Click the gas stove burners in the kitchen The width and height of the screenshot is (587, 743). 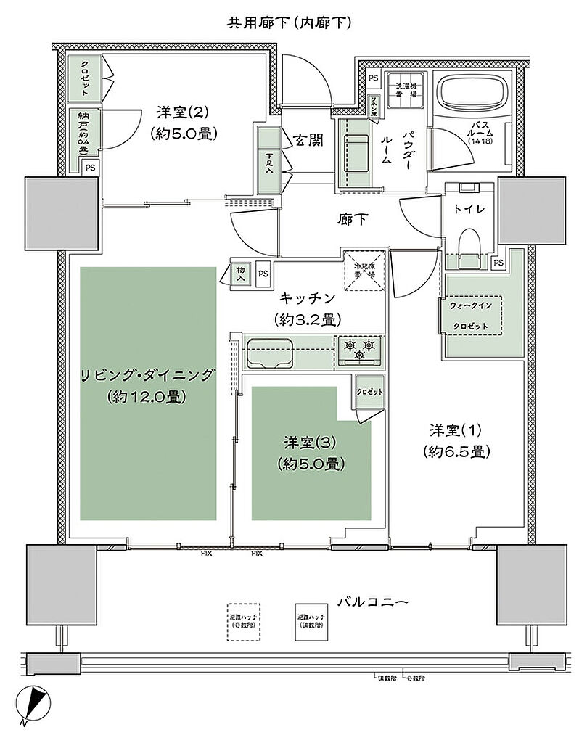tap(359, 348)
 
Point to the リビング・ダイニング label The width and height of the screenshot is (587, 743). tap(149, 376)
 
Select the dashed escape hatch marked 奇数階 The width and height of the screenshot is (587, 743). tap(242, 621)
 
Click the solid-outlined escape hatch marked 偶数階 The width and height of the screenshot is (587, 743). tap(312, 621)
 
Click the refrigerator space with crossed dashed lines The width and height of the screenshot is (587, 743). tap(364, 270)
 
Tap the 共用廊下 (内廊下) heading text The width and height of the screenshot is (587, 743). tap(290, 23)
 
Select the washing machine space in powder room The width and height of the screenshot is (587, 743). tap(405, 90)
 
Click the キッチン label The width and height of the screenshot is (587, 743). tap(308, 297)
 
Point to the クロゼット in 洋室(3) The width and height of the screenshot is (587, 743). tap(369, 392)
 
